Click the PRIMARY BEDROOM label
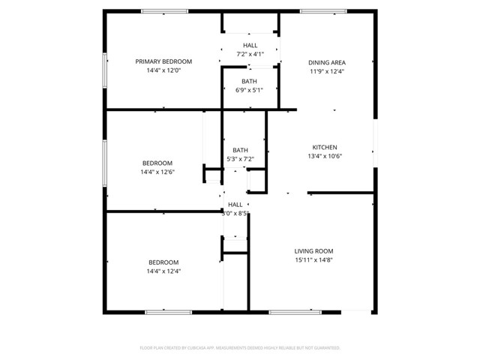click(163, 61)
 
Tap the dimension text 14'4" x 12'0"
click(163, 70)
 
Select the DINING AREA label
click(327, 62)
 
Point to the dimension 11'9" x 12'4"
click(327, 71)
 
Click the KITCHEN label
click(325, 147)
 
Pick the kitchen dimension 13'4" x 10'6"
click(325, 156)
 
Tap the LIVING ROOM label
click(313, 251)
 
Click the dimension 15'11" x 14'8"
click(313, 260)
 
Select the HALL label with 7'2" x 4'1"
click(250, 46)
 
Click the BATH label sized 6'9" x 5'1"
click(250, 81)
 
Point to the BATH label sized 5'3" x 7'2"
click(241, 150)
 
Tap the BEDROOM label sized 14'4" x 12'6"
click(157, 163)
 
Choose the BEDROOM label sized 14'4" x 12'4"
click(163, 262)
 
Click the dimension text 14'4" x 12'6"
click(157, 172)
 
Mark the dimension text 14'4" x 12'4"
click(163, 271)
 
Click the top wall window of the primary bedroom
click(165, 11)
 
